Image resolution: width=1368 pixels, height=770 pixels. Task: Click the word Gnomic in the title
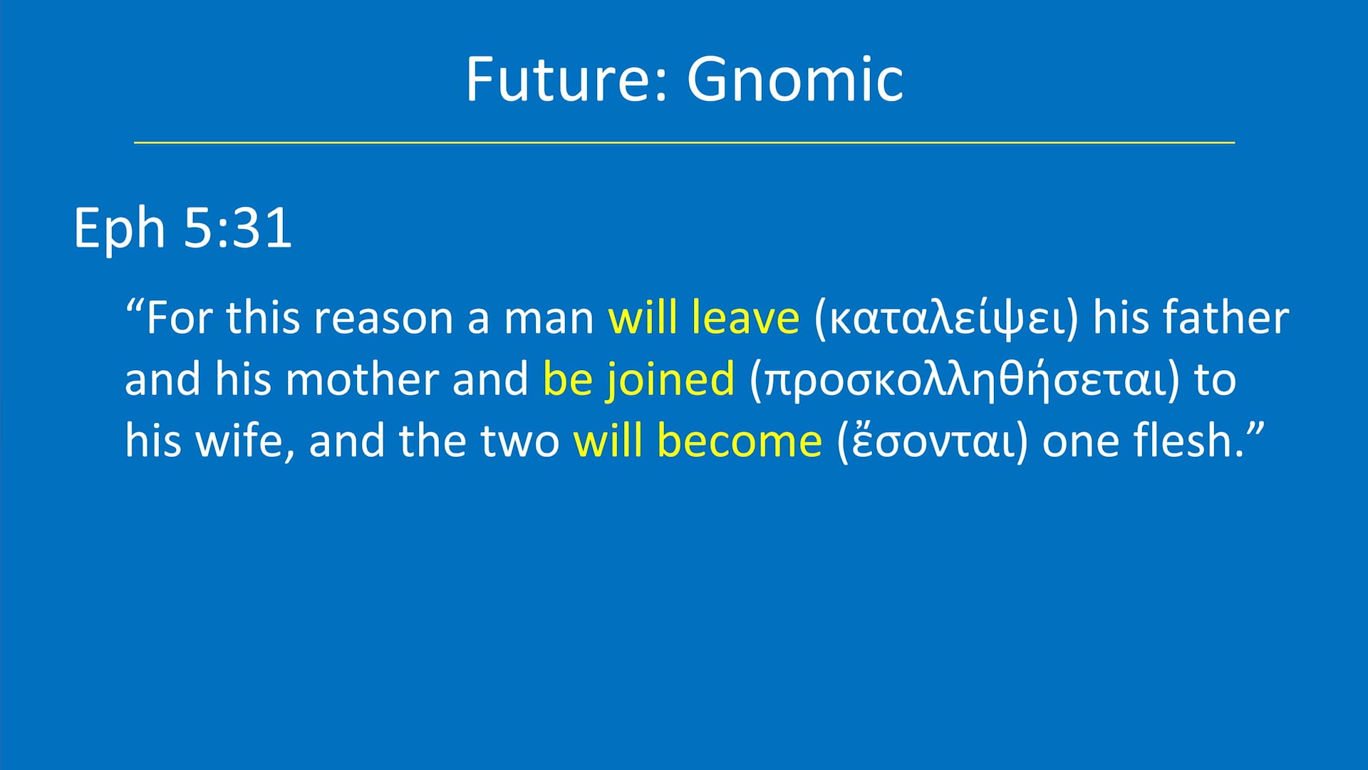click(x=794, y=79)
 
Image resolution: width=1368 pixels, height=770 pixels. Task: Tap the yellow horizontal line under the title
click(x=684, y=143)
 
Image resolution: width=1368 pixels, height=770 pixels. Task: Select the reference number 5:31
click(x=238, y=228)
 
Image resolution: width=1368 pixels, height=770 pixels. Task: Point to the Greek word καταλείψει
click(x=946, y=319)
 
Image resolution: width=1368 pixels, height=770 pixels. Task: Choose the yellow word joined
click(x=670, y=379)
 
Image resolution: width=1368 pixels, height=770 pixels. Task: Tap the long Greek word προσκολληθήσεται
click(x=965, y=380)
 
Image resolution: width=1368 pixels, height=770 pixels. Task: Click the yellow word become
click(x=740, y=441)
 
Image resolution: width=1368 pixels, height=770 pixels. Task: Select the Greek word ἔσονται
click(x=933, y=441)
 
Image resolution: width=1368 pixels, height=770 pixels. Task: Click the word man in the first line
click(x=549, y=319)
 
